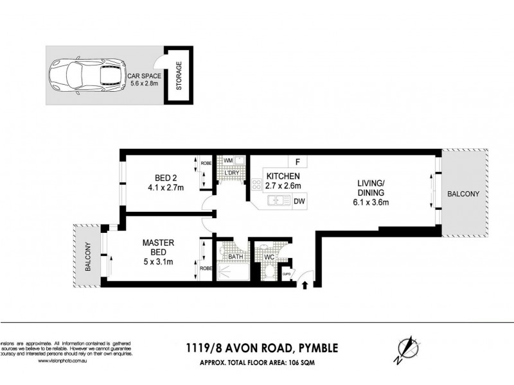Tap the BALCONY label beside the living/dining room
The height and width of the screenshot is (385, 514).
point(463,193)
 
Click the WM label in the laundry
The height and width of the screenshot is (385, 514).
point(227,160)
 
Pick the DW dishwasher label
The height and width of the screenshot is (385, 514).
point(299,201)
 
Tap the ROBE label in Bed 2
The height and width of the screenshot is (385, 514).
point(206,163)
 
